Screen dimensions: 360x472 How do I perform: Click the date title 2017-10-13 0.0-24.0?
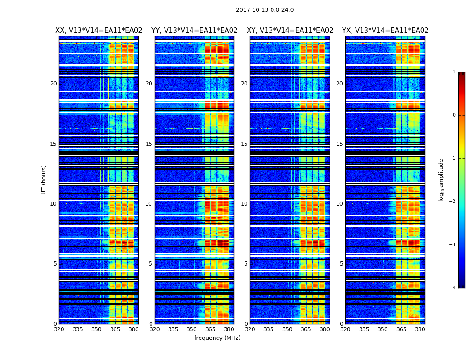coord(265,10)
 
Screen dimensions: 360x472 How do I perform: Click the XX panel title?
coord(99,31)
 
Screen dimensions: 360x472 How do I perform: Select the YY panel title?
coord(194,31)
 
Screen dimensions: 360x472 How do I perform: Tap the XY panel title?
coord(290,31)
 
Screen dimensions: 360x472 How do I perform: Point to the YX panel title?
coord(385,31)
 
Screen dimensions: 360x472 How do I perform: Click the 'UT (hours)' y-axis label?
coord(44,180)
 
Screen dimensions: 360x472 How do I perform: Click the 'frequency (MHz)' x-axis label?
coord(217,338)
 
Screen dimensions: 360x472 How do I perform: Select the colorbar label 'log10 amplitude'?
coord(441,180)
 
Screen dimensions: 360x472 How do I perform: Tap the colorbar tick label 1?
coord(454,72)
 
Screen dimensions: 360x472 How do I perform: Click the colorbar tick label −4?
coord(453,288)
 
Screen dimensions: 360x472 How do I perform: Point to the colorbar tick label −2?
coord(453,202)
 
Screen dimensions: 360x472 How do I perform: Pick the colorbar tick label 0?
coord(454,115)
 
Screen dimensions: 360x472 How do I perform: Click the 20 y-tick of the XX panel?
coord(53,84)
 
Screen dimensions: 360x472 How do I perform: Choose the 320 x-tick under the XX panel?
coord(59,329)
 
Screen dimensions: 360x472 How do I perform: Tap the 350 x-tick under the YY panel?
coord(192,329)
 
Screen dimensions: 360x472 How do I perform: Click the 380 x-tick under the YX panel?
coord(420,329)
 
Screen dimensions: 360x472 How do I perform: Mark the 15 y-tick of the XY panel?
coord(244,144)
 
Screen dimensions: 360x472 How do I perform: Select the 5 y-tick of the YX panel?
coord(341,264)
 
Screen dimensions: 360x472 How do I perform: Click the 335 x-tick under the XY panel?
coord(268,329)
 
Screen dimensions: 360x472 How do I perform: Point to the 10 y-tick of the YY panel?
coord(149,204)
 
